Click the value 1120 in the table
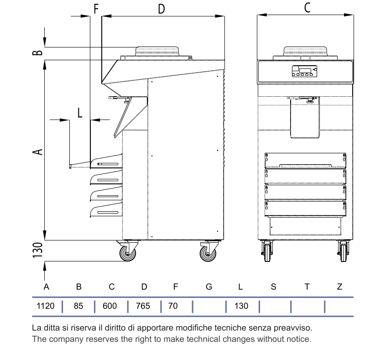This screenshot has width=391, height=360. [x=45, y=306]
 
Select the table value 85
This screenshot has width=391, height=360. [x=78, y=306]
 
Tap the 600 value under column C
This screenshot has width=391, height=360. [x=109, y=306]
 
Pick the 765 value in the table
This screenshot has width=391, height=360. [x=143, y=306]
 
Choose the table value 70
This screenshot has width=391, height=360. [x=173, y=306]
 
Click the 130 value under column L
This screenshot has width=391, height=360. [x=241, y=306]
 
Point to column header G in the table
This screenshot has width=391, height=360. [x=209, y=287]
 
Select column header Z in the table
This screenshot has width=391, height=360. [x=339, y=287]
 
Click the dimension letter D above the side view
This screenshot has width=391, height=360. [x=162, y=9]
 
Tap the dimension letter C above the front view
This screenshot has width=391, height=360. [x=307, y=8]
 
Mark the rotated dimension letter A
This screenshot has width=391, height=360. [x=38, y=152]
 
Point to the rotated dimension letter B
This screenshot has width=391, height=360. [x=38, y=52]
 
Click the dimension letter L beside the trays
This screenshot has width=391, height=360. [x=80, y=113]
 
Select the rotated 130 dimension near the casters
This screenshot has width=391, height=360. [x=38, y=250]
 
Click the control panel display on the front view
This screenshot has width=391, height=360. [x=305, y=70]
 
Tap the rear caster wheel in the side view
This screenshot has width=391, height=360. [x=208, y=254]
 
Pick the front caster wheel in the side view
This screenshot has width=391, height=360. [x=128, y=253]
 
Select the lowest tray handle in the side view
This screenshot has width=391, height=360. [x=108, y=213]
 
